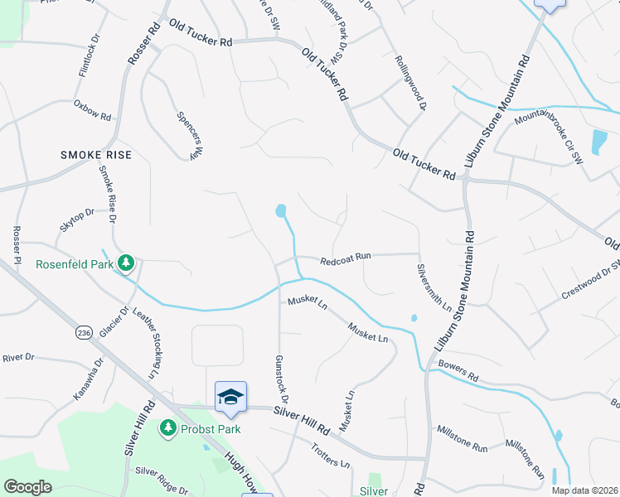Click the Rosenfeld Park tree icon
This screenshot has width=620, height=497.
click(126, 264)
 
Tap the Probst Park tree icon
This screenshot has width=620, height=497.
click(168, 427)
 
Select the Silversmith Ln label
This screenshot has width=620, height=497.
click(434, 287)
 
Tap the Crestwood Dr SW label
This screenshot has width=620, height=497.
click(591, 282)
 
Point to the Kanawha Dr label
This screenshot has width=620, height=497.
click(89, 379)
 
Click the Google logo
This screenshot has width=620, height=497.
click(27, 487)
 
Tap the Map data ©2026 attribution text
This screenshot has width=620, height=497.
click(584, 490)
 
